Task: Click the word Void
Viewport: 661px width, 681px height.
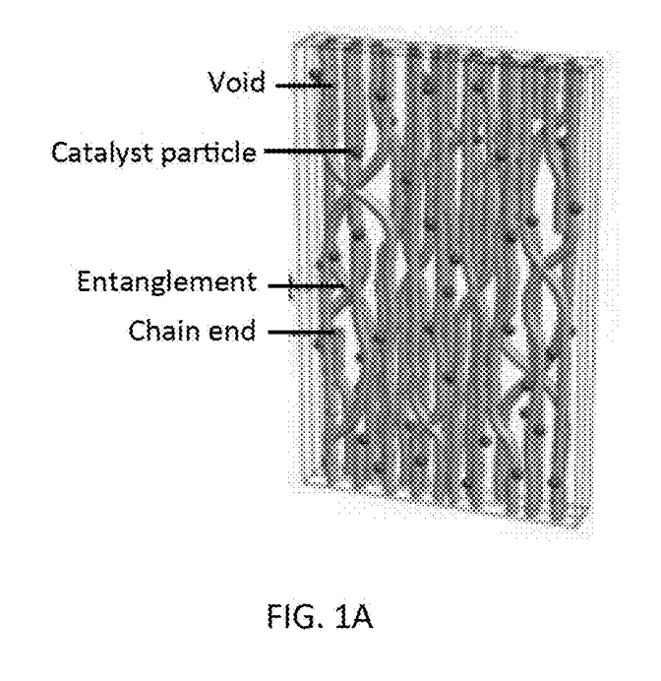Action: pos(236,82)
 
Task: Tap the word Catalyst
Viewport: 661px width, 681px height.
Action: pos(102,154)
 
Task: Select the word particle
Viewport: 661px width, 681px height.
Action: pos(209,154)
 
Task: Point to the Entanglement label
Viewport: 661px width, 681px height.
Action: pos(166,281)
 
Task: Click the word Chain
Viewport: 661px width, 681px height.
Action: pos(164,331)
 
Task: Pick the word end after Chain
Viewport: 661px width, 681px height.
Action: pos(232,331)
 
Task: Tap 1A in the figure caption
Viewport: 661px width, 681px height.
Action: pos(354,616)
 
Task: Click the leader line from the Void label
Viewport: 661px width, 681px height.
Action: pos(305,85)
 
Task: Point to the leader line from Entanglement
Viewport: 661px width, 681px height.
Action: pos(307,285)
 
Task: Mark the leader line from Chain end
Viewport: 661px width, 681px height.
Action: pos(302,333)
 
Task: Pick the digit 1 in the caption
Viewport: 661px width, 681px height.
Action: pos(342,616)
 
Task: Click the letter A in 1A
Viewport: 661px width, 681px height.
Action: pos(362,616)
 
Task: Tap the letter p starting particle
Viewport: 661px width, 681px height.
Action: pos(168,155)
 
